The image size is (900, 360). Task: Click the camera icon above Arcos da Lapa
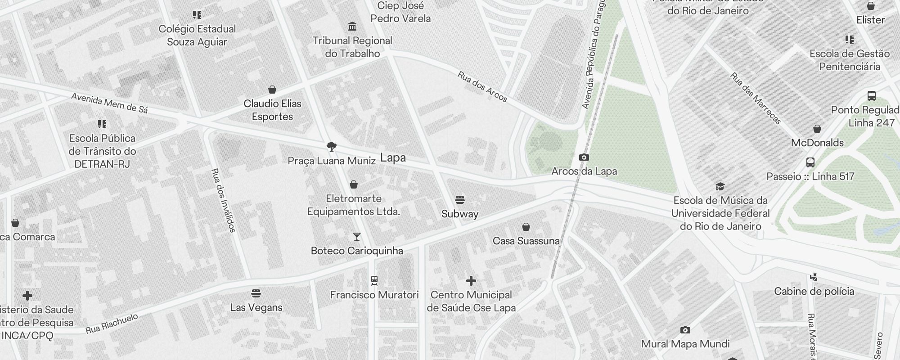click(584, 157)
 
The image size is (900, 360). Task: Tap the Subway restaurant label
click(459, 214)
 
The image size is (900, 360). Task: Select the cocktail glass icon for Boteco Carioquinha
click(356, 236)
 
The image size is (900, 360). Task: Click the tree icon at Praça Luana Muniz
click(332, 146)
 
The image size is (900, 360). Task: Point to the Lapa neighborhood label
click(393, 157)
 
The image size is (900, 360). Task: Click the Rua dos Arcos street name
click(482, 86)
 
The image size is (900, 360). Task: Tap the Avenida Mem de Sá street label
click(109, 103)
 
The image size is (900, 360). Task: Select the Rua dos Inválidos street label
click(223, 200)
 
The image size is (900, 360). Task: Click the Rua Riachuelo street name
click(112, 324)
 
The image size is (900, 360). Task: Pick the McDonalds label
click(817, 143)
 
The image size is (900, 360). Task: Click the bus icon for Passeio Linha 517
click(810, 162)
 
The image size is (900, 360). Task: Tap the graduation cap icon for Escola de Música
click(720, 186)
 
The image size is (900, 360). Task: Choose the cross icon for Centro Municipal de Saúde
click(471, 281)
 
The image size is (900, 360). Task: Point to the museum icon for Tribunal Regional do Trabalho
click(352, 26)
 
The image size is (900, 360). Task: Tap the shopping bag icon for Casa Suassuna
click(526, 227)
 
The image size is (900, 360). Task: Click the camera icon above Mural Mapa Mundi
click(685, 330)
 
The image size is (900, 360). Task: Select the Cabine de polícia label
click(814, 291)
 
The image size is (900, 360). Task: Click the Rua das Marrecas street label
click(756, 99)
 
